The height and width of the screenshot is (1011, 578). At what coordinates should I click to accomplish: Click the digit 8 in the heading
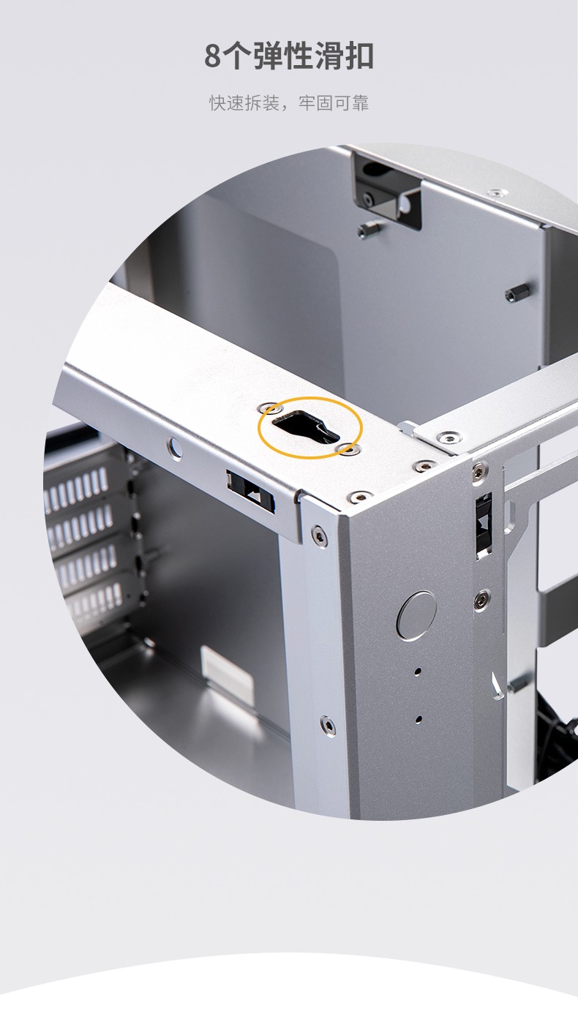(x=214, y=56)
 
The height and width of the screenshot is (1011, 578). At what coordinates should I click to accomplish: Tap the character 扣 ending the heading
(x=358, y=56)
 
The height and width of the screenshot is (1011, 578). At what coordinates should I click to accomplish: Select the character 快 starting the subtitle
(x=217, y=103)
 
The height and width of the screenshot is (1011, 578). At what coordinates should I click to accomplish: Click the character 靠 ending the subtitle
(x=361, y=103)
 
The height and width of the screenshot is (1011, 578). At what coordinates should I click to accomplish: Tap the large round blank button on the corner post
(x=416, y=615)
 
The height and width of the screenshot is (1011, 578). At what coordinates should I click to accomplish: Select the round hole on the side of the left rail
(x=175, y=447)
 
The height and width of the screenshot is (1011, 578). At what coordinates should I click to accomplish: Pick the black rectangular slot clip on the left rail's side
(x=251, y=491)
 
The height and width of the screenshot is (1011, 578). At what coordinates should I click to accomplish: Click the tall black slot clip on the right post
(x=484, y=525)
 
